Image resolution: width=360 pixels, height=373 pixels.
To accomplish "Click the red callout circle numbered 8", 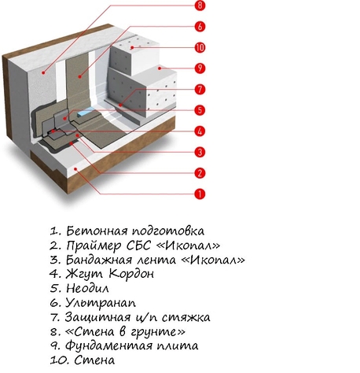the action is click(200, 6).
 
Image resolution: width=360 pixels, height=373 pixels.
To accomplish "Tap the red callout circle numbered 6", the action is click(200, 27).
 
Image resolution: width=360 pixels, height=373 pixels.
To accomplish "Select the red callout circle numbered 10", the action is click(200, 47).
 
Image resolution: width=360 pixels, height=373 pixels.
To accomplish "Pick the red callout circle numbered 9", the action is click(200, 68).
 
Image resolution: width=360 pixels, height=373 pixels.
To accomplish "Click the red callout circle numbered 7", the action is click(200, 89).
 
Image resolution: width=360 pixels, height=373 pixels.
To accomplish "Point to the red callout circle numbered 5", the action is click(200, 110).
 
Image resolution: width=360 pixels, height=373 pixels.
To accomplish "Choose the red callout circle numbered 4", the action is click(200, 131).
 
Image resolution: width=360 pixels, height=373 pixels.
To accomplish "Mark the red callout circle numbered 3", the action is click(200, 152).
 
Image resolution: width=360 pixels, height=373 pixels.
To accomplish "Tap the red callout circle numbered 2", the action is click(200, 173).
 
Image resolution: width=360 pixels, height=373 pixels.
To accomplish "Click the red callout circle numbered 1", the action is click(200, 194).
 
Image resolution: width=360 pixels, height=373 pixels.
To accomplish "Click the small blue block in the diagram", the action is click(86, 113).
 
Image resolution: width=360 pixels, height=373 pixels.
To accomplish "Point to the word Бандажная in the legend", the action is click(99, 260).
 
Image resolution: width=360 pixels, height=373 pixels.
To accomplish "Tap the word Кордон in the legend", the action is click(131, 274).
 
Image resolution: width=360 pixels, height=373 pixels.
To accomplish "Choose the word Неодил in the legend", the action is click(87, 288).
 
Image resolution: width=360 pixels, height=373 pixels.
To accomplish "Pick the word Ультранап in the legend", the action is click(101, 303).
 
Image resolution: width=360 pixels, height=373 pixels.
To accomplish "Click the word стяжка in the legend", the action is click(186, 317).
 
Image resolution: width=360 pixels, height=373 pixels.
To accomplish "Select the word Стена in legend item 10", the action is click(94, 360).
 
